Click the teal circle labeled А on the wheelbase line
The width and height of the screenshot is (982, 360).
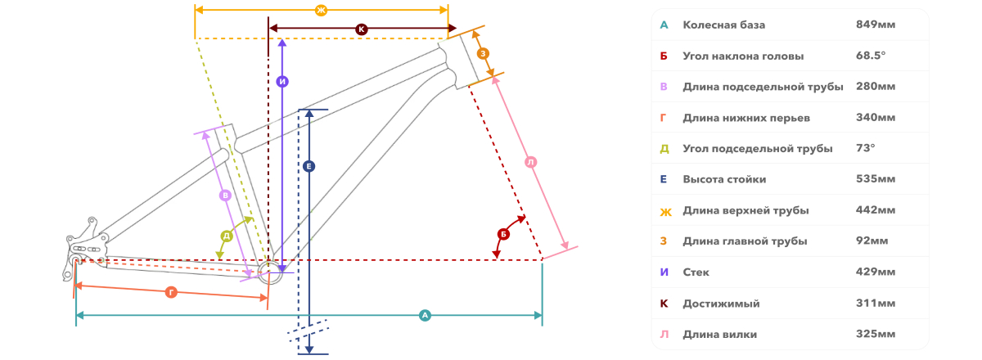[x=425, y=315]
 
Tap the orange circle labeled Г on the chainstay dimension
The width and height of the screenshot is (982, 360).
[x=171, y=292]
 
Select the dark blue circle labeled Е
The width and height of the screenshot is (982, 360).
[x=309, y=166]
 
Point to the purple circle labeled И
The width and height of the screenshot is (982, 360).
[x=282, y=81]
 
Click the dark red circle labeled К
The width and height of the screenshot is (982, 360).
[x=362, y=29]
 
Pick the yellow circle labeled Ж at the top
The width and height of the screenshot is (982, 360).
[x=322, y=10]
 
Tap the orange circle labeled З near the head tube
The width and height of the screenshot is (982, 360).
[x=483, y=53]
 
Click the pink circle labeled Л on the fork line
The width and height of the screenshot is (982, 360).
[x=531, y=162]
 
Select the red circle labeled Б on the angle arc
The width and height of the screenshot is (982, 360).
[x=503, y=234]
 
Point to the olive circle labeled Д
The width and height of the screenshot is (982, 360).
[x=227, y=236]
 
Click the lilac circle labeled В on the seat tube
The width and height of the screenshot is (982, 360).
[x=225, y=195]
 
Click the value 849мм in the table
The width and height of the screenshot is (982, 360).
[x=876, y=25]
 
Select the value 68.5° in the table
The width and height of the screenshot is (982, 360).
[x=871, y=56]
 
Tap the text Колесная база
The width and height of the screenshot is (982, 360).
[x=723, y=25]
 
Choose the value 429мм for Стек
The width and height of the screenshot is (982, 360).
[x=876, y=272]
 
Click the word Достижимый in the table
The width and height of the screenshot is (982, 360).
[x=721, y=304]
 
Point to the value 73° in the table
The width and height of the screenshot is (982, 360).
[x=866, y=148]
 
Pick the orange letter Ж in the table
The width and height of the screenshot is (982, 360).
[x=665, y=212]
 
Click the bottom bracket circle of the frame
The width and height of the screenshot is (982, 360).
[x=270, y=272]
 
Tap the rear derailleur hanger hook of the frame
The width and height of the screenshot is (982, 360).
[x=68, y=271]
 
